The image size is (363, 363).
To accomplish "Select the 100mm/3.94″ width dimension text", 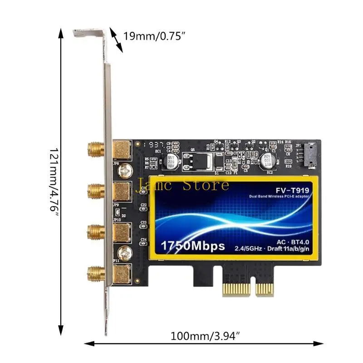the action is point(205,336).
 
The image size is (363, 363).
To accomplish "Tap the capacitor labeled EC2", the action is point(268,160).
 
